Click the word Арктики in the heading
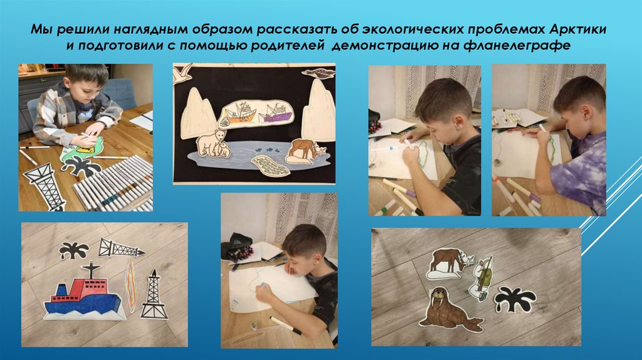[x=577, y=29]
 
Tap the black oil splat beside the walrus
[x=515, y=299]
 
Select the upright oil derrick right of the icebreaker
[x=154, y=295]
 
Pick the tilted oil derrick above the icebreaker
[x=120, y=248]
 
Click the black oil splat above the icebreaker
[x=74, y=250]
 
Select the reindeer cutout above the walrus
[x=449, y=263]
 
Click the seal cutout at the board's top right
[x=318, y=73]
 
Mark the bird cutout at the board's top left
[x=182, y=73]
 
